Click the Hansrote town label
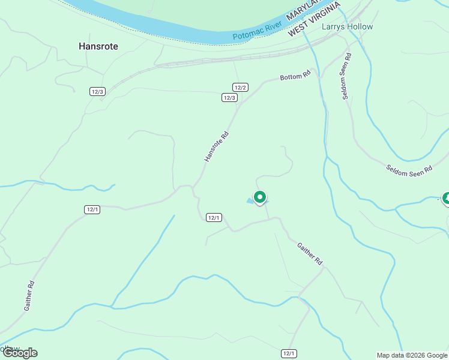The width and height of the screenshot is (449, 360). point(98,46)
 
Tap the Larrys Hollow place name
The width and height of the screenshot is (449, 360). point(347,27)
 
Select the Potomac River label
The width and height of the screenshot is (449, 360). point(258,34)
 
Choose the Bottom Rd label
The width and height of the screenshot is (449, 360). point(295,76)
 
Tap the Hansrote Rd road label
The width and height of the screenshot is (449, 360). point(217,147)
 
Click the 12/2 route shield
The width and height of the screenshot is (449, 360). point(241,88)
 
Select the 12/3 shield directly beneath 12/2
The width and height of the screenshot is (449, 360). point(229,97)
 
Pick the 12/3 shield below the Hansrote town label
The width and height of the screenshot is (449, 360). point(98,91)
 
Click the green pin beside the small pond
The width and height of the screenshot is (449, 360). point(260,197)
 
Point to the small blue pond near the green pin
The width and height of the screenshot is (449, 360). point(250,201)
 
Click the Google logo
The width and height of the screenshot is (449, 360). point(19,352)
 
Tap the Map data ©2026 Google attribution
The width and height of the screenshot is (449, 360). point(412,355)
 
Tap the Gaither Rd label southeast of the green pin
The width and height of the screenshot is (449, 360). point(310,254)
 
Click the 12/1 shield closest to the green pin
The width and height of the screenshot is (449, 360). point(214,218)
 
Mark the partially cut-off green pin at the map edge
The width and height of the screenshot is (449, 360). point(446,199)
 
